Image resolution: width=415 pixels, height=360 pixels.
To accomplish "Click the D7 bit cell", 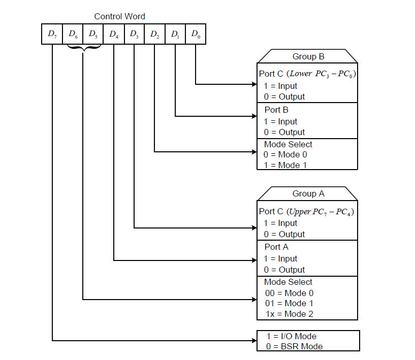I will coord(52,35).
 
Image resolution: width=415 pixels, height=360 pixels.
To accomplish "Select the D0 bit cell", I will coord(196,35).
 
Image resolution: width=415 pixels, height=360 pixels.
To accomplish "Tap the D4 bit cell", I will coord(114,35).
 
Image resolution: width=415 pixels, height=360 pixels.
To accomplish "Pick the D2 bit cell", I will coord(154,35).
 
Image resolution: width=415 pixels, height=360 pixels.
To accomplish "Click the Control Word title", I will coord(119,17).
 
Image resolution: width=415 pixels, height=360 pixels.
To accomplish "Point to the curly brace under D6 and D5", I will coord(83,49).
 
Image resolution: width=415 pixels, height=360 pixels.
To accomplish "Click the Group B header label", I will coord(308,56).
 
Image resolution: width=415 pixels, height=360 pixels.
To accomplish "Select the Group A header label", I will coord(308,193).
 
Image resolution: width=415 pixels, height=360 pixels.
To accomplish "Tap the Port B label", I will coord(276,110).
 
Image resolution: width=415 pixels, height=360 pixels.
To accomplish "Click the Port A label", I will coord(276,247).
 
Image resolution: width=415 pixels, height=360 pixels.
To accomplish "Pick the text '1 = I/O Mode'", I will coord(291,336).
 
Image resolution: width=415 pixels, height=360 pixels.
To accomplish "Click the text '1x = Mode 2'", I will coord(289,314).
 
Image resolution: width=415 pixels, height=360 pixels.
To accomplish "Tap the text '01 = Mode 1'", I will coord(289,303).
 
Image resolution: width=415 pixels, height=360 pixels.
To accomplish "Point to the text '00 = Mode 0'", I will coord(289,293).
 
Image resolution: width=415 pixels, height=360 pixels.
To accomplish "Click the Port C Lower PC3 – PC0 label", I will coord(308,74).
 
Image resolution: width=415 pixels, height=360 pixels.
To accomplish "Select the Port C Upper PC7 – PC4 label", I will coord(307,211).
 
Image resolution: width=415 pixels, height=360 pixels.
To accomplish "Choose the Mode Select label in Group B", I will coord(288,144).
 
